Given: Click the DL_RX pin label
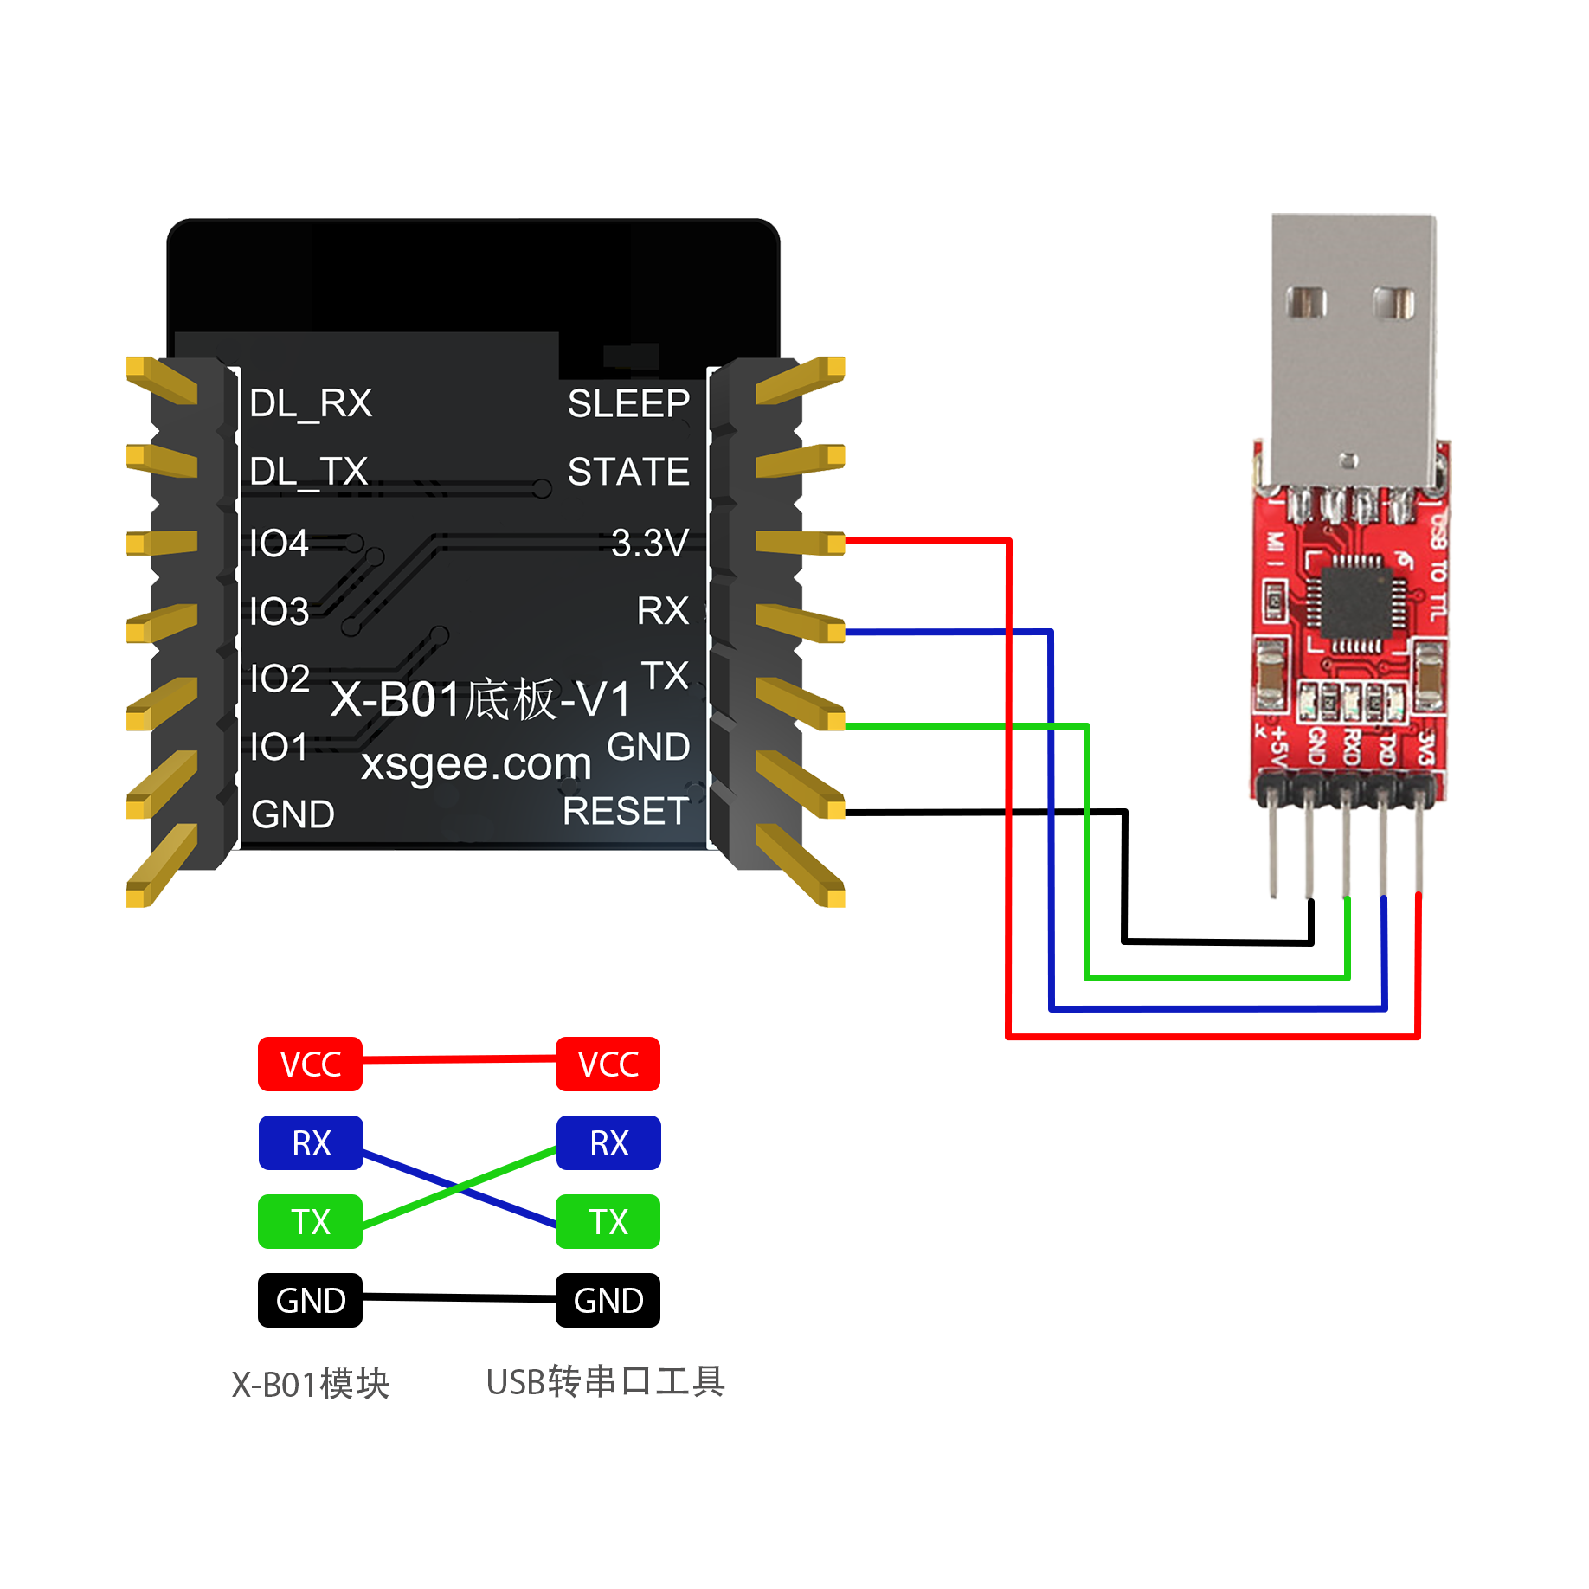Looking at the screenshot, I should (311, 403).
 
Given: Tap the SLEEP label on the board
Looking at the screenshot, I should (628, 403).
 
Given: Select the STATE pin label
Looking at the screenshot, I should (628, 472).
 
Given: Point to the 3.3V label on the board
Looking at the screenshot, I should (649, 543).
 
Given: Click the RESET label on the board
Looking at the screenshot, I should (626, 811).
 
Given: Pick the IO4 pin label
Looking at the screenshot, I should (279, 544).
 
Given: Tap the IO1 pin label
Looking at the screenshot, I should (279, 747).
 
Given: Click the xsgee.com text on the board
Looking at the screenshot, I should (476, 763).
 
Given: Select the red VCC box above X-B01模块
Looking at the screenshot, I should (310, 1064).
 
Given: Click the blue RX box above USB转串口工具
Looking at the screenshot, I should (608, 1142).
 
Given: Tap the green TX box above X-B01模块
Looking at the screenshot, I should (310, 1221).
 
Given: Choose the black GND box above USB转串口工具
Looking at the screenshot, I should (608, 1300).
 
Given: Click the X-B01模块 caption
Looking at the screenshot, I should (310, 1384).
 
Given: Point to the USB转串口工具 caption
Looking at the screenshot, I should (605, 1382).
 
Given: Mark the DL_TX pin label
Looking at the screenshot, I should (309, 473).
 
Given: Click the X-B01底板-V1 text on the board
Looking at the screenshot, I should (481, 699).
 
